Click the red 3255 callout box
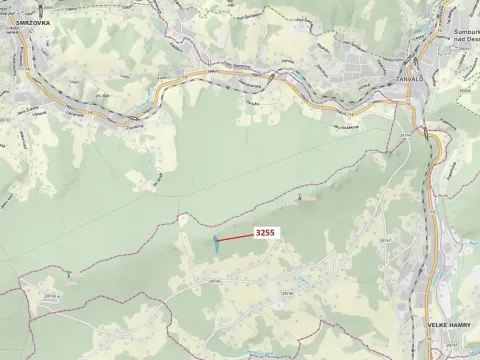point(265,232)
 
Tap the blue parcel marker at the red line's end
point(215,240)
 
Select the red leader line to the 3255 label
point(235,237)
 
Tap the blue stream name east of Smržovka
point(150,94)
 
